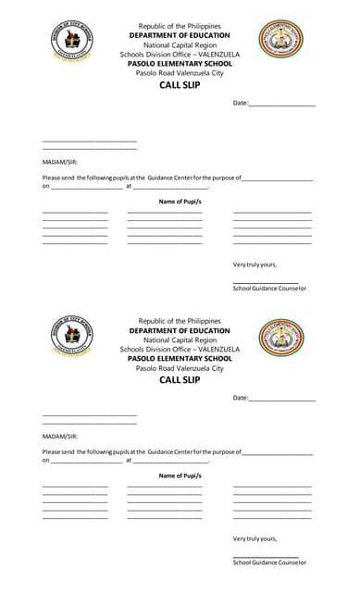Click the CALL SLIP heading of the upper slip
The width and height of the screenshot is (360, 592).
tap(180, 84)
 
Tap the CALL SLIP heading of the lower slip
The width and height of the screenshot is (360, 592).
tap(180, 379)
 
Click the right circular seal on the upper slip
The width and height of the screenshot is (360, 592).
tap(279, 39)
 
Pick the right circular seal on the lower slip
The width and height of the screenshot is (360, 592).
tap(279, 339)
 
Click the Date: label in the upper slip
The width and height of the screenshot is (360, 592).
tap(241, 103)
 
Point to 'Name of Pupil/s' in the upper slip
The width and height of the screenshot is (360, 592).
tap(180, 202)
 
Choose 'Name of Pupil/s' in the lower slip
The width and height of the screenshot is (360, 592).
tap(180, 475)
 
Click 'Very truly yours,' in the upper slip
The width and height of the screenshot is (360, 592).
tap(254, 264)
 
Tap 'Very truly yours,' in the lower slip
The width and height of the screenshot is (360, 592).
tap(254, 538)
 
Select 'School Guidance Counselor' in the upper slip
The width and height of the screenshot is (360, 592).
tap(269, 289)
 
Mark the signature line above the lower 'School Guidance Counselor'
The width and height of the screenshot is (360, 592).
tap(266, 557)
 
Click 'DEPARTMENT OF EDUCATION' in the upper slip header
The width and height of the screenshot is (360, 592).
tap(180, 34)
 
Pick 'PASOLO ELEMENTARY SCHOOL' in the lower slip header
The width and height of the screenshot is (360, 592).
tap(180, 358)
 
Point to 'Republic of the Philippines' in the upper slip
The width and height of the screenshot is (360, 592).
tap(180, 26)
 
